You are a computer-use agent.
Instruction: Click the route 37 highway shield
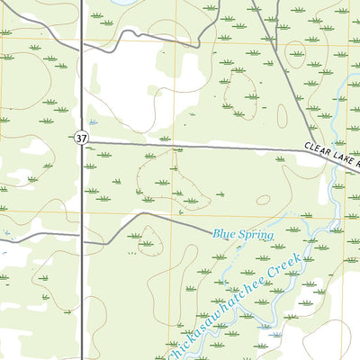tap(82, 138)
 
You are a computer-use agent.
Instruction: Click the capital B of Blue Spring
tap(216, 234)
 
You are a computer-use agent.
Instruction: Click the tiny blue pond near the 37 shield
tap(92, 122)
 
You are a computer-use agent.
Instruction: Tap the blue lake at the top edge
tap(126, 3)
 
